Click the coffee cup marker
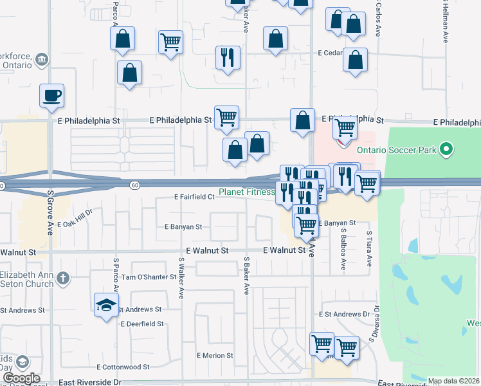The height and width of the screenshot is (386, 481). point(51,96)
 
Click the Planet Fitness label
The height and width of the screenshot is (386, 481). point(247,192)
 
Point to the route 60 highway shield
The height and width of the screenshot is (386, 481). point(134,185)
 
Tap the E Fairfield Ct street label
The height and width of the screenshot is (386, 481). point(194,198)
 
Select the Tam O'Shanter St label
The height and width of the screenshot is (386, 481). point(149,277)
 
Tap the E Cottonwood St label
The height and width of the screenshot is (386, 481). point(123,367)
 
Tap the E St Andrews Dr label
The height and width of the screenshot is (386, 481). point(346,315)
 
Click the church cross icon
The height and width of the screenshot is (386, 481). point(62,279)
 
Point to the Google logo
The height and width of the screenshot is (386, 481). point(21,378)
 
